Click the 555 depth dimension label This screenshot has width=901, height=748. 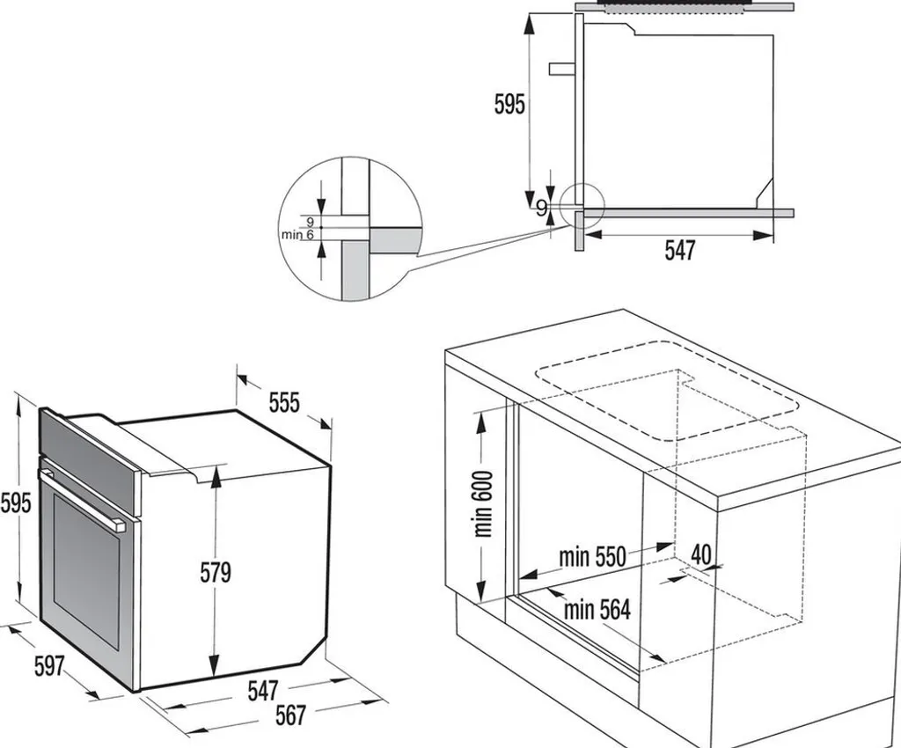(284, 403)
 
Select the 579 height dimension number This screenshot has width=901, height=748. (216, 573)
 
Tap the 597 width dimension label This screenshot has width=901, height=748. (49, 665)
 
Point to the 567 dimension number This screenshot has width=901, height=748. (290, 715)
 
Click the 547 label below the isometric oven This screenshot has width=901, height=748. (263, 691)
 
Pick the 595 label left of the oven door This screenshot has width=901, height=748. (16, 503)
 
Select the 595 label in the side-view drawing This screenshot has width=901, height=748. (509, 104)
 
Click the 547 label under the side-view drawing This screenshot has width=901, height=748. (680, 251)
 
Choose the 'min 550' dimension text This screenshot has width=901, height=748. (592, 556)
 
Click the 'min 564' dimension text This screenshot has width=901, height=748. (597, 610)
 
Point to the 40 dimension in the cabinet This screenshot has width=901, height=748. (701, 554)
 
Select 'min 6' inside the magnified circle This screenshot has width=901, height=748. (297, 234)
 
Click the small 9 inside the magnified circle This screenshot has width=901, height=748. (311, 221)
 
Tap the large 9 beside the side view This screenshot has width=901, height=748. (542, 208)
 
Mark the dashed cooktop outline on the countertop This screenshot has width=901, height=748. (667, 392)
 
